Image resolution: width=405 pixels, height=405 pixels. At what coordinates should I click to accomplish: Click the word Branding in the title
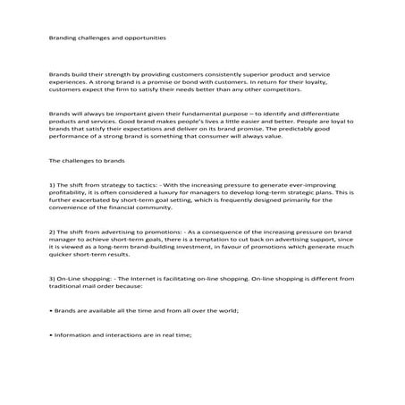pyautogui.click(x=62, y=38)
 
